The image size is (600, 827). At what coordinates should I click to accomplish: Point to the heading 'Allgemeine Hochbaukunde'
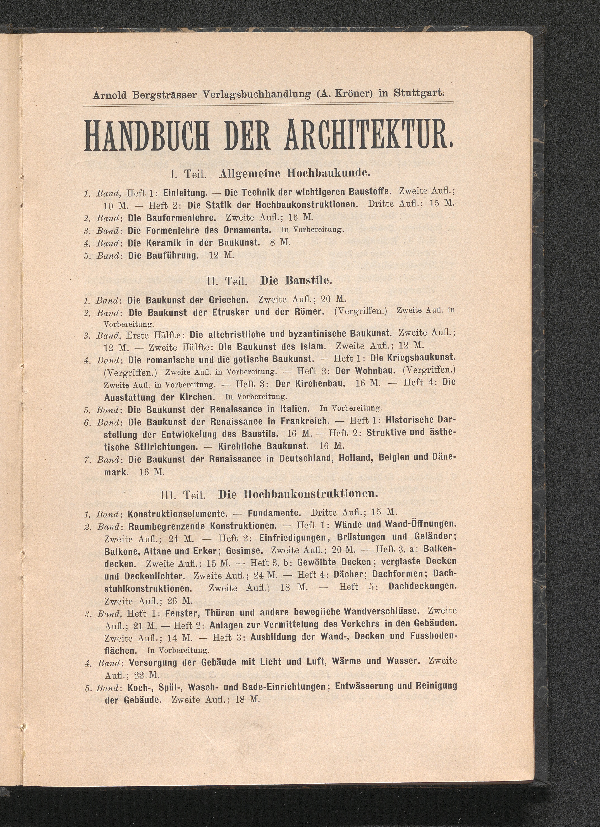pos(295,173)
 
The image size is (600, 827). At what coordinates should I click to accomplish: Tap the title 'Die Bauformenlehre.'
pos(172,218)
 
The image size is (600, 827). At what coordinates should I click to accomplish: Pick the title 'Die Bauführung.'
pos(163,255)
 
